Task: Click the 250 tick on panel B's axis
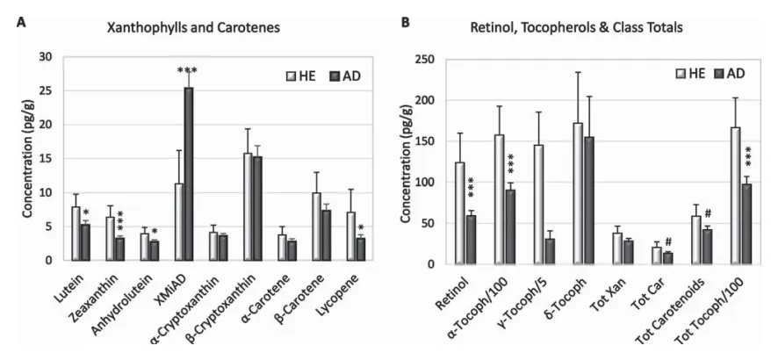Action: (x=429, y=58)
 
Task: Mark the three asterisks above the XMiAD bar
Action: (x=188, y=71)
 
